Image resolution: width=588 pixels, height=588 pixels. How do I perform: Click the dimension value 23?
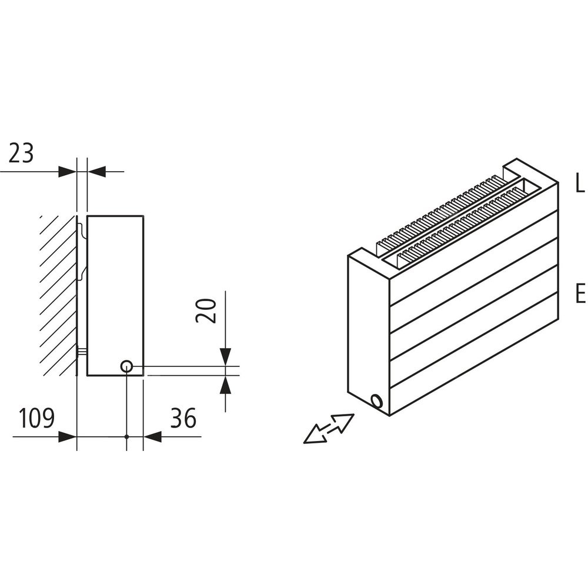click(21, 153)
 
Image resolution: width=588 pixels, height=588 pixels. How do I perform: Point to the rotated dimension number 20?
click(206, 310)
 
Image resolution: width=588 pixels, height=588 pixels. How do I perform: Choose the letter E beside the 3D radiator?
click(580, 293)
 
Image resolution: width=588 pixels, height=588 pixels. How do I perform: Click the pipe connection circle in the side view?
click(126, 366)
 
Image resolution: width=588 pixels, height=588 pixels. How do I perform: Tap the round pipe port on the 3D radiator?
click(376, 401)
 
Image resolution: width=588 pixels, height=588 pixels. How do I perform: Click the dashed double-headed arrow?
click(329, 429)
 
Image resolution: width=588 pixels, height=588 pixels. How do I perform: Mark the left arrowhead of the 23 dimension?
click(68, 172)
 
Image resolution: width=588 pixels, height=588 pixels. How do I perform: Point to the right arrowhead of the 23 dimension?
click(96, 172)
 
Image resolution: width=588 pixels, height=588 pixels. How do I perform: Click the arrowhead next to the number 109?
click(68, 436)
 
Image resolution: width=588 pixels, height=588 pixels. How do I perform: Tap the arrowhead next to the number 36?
click(152, 436)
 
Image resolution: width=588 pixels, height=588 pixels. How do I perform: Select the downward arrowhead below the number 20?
click(225, 357)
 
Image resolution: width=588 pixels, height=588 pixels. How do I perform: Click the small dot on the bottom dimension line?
click(127, 436)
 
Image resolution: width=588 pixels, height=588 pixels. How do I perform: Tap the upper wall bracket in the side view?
click(82, 251)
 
